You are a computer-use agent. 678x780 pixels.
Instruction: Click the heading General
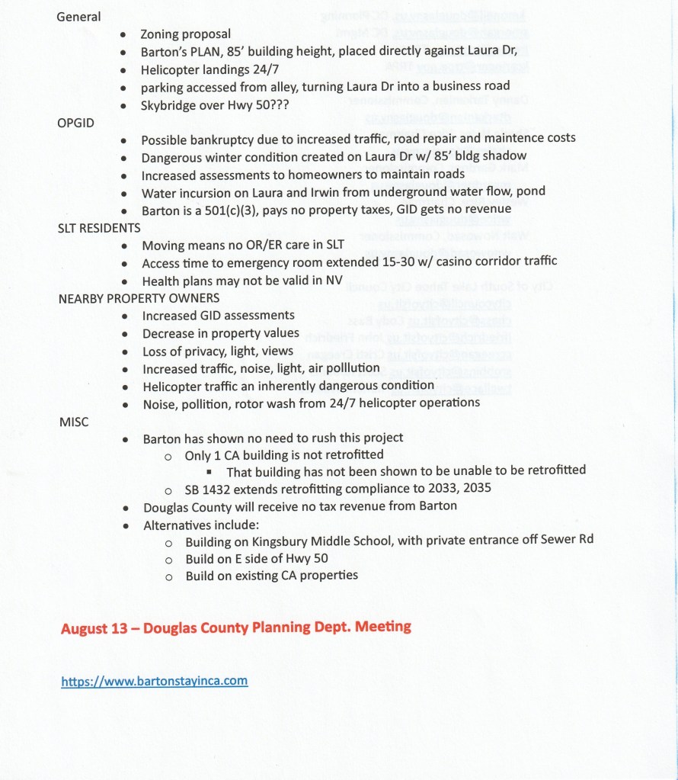point(78,17)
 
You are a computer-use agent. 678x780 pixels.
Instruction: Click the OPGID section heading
point(75,122)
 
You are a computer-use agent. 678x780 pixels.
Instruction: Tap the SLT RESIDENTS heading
point(99,228)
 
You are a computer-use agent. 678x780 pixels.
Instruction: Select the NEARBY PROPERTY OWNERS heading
point(139,298)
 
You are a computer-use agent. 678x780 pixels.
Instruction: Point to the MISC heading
point(74,422)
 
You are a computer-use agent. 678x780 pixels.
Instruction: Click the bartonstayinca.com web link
point(154,680)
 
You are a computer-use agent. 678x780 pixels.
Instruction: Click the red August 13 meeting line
point(235,628)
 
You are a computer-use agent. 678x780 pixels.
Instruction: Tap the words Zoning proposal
point(185,34)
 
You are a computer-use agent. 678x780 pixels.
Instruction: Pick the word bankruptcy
point(221,139)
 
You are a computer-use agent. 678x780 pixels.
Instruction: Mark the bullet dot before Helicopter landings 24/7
point(123,69)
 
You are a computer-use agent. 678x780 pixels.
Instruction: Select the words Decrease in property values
point(220,333)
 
